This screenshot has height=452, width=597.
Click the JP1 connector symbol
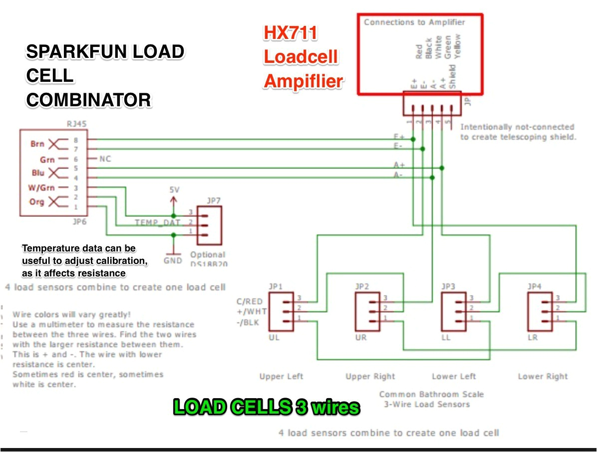click(282, 312)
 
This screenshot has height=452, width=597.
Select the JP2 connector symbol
click(368, 312)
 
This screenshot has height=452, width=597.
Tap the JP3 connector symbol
click(454, 312)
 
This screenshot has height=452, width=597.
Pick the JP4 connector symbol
click(541, 312)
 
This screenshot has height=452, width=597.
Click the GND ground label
click(173, 261)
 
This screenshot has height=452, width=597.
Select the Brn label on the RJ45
click(37, 144)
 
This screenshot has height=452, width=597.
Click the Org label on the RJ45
click(37, 203)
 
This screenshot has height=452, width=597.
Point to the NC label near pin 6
click(105, 159)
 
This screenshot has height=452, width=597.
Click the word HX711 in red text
click(291, 33)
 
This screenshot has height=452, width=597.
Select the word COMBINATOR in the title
click(88, 100)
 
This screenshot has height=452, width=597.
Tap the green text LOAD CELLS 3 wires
click(266, 408)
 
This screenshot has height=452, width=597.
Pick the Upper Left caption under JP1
click(281, 376)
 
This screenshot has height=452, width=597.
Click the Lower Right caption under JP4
click(543, 376)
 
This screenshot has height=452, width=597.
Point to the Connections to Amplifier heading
click(414, 22)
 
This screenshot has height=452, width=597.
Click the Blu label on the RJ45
click(37, 173)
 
